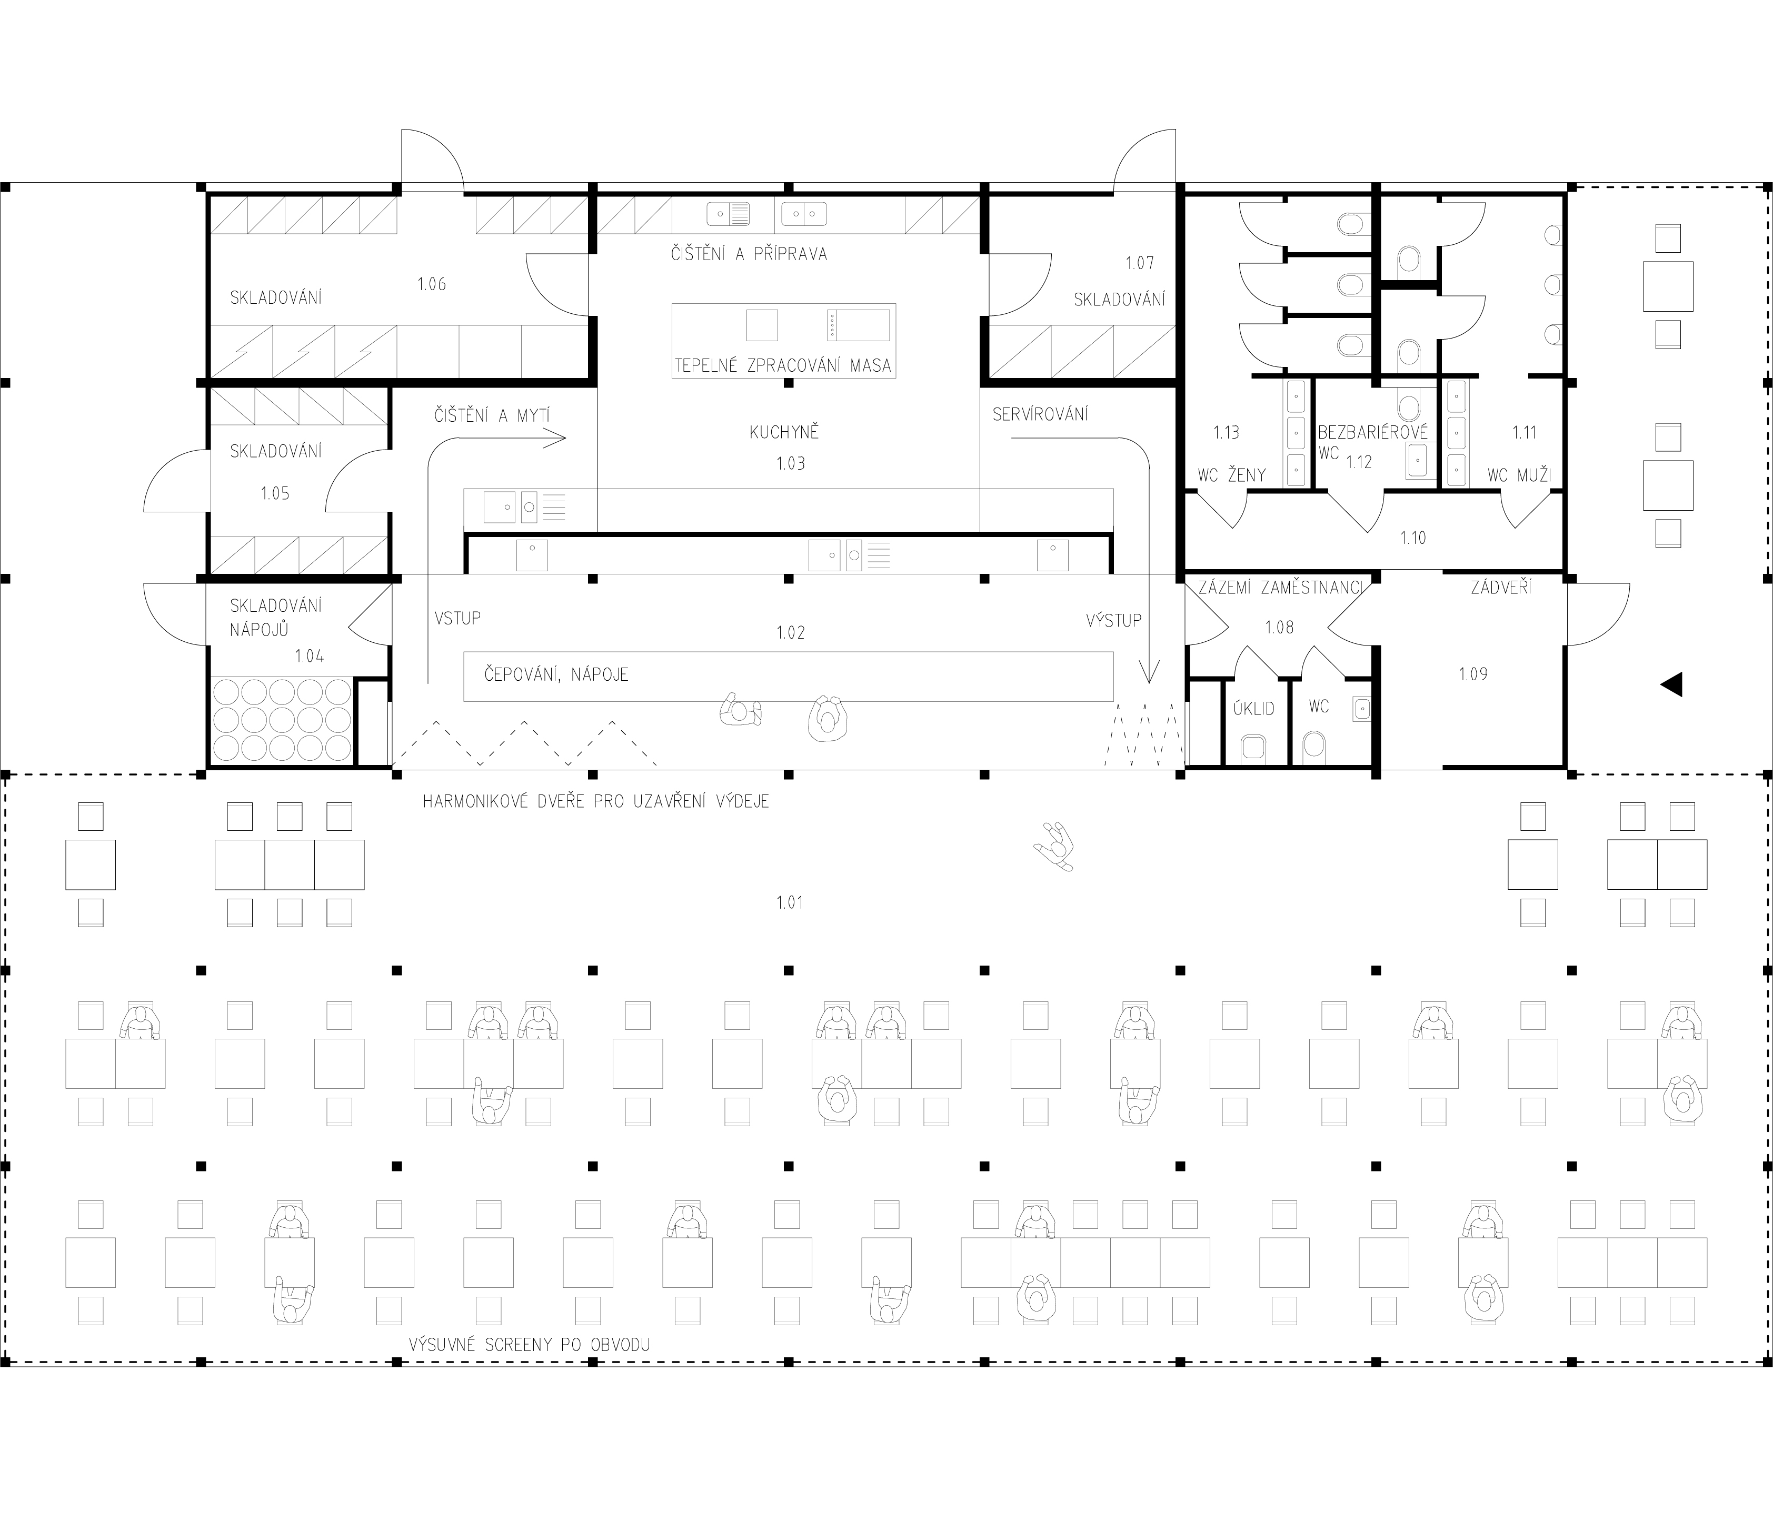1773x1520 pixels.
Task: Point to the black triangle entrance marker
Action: (x=1671, y=684)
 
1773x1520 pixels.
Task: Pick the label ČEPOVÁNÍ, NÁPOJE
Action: (x=556, y=674)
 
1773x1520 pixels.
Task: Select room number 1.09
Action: (x=1472, y=674)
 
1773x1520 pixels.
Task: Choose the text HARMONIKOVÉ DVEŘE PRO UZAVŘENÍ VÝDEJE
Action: (x=595, y=801)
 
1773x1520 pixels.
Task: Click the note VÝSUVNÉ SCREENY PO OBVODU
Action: (x=530, y=1345)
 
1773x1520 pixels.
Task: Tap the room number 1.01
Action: (x=789, y=902)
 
